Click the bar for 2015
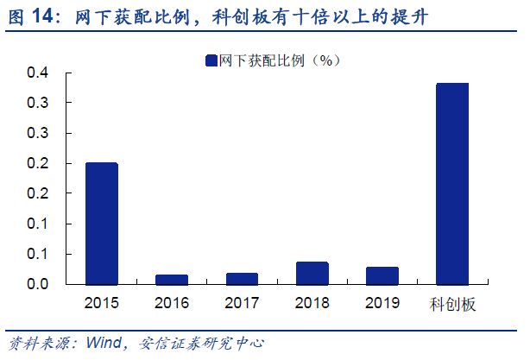tap(101, 223)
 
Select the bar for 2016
tap(171, 279)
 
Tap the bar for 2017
tap(242, 278)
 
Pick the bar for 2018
tap(312, 273)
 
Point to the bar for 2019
tap(382, 275)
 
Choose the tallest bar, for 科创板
tap(452, 183)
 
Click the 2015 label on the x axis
tap(101, 303)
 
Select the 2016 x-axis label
tap(171, 303)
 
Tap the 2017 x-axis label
tap(242, 303)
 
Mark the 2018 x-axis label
tap(312, 303)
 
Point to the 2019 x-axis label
tap(382, 303)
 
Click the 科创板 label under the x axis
tap(452, 304)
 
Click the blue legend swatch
tap(211, 60)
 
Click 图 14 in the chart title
tap(28, 16)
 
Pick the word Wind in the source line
tap(103, 343)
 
